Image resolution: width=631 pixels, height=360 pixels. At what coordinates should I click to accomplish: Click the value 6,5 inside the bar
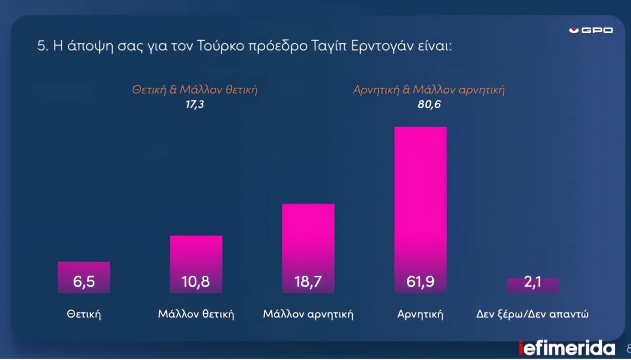point(84,281)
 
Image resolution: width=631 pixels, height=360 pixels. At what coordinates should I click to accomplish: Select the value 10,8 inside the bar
point(196,281)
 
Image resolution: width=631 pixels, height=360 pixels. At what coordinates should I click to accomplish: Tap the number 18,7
point(308,281)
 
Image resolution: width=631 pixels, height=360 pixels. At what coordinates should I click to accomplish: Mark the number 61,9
point(420,281)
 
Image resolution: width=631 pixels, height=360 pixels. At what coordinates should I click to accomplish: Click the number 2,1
point(532,282)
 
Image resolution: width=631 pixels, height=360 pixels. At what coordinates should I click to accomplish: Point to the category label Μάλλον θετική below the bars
point(196,314)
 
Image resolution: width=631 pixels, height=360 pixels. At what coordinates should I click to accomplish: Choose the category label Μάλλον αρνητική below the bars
point(308,314)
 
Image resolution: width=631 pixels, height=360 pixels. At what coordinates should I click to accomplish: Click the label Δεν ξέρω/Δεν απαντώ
point(532,314)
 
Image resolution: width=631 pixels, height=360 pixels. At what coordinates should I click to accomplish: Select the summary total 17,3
point(194,104)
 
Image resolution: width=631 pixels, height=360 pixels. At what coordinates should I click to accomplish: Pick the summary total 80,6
point(429,104)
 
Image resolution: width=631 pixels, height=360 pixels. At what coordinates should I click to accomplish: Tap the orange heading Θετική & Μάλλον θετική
point(194,90)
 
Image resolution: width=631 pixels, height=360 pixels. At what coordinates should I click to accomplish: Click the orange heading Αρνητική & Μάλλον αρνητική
point(429,90)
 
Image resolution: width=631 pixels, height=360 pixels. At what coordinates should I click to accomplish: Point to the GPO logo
point(591,30)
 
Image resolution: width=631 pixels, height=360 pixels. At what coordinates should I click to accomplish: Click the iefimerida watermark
point(567,348)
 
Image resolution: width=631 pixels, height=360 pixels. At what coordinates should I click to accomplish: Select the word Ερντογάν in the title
point(382,46)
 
